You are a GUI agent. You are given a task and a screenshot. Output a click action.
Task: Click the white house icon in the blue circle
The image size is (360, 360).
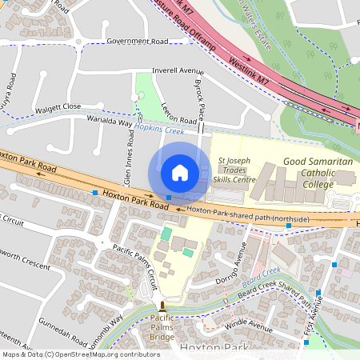[x=180, y=173]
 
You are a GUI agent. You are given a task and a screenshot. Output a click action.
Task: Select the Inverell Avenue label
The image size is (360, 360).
[x=167, y=70]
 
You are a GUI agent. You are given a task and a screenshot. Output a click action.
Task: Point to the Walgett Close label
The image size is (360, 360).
[x=58, y=106]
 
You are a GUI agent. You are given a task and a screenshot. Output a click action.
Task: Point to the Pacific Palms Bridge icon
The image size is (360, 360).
[x=162, y=306]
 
